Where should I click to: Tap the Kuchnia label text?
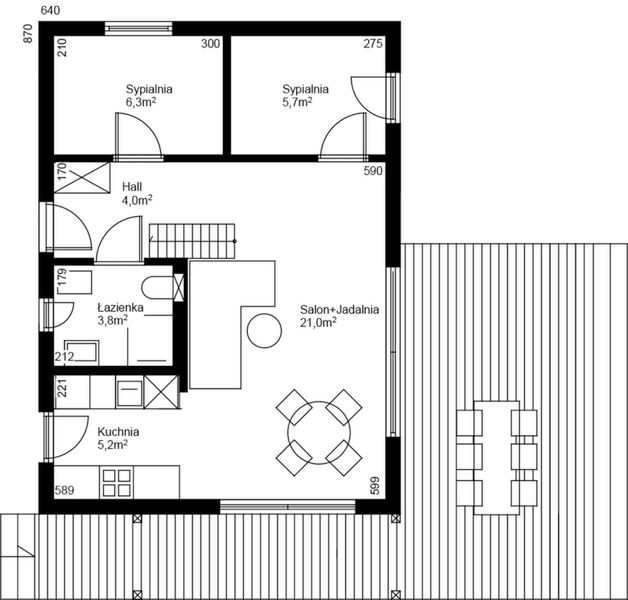pyautogui.click(x=118, y=432)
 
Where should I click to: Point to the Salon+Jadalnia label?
pyautogui.click(x=339, y=310)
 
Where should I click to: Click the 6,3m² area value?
pyautogui.click(x=141, y=102)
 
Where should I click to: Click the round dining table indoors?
pyautogui.click(x=317, y=432)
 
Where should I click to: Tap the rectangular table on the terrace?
pyautogui.click(x=489, y=457)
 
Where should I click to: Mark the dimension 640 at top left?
pyautogui.click(x=50, y=10)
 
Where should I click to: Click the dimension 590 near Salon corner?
pyautogui.click(x=373, y=172)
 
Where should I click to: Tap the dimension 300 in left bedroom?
pyautogui.click(x=210, y=44)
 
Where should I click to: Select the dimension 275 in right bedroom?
pyautogui.click(x=372, y=44)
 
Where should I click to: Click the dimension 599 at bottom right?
pyautogui.click(x=373, y=486)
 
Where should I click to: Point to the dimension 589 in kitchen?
pyautogui.click(x=65, y=490)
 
